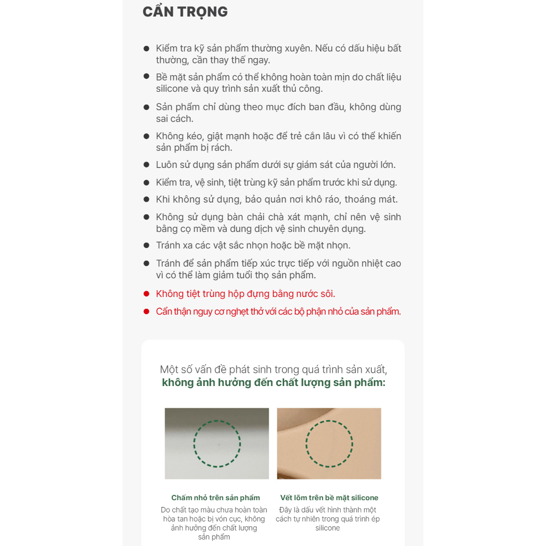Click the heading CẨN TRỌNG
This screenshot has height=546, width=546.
point(185,12)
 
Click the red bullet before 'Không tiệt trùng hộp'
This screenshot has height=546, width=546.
point(147,294)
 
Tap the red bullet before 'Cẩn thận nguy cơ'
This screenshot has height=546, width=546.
point(147,311)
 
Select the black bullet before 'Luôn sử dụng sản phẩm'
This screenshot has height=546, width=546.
point(147,164)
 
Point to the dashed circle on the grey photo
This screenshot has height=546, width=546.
point(217,421)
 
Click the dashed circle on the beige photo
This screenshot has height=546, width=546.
point(329,421)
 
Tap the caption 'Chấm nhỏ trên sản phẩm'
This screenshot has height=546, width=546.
point(215,497)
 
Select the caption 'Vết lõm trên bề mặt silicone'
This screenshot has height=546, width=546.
point(329,497)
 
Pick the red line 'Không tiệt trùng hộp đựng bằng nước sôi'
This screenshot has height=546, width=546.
point(245,294)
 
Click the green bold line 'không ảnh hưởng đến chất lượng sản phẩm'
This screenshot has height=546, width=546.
point(274,382)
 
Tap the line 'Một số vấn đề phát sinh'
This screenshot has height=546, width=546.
point(274,369)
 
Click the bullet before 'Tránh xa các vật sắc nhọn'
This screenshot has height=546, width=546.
point(147,245)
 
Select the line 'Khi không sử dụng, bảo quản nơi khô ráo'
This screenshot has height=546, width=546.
point(277,199)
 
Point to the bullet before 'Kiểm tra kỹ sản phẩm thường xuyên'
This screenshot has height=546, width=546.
point(147,49)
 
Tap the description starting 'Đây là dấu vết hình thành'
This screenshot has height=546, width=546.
point(328,519)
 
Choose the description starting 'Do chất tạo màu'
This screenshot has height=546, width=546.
point(214,524)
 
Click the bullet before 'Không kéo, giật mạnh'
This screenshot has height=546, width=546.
point(147,136)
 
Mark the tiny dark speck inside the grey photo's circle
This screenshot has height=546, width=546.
point(219,444)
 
